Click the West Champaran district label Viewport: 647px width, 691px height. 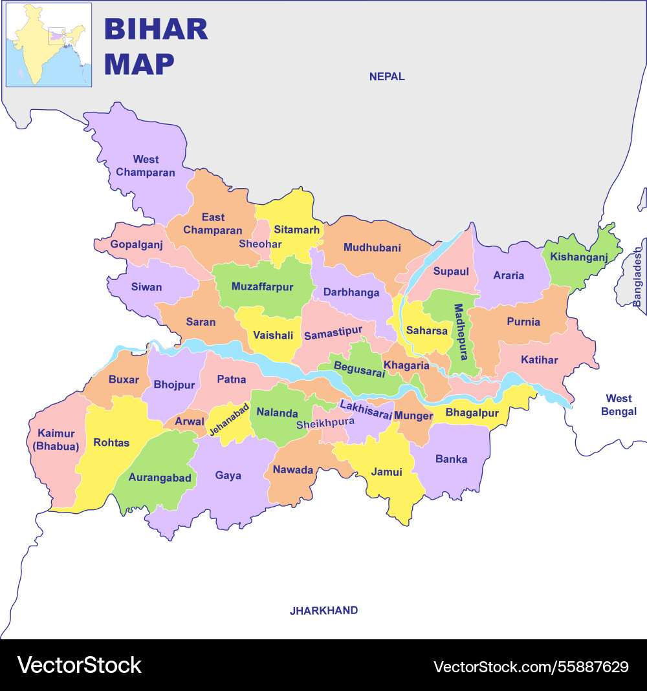pos(146,166)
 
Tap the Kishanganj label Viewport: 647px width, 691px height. pos(579,257)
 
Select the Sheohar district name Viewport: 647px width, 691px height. pos(260,244)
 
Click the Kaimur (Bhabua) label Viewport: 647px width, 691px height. pos(56,440)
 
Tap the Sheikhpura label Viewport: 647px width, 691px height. pos(325,424)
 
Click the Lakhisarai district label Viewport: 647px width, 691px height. pos(366,410)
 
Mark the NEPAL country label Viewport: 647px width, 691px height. pos(387,76)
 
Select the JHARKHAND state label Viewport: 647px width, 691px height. pos(323,610)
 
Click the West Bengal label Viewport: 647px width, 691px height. pos(619,405)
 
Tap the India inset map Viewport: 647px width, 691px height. pos(49,45)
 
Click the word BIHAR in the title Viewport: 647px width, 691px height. pos(156,30)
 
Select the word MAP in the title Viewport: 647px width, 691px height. pos(139,64)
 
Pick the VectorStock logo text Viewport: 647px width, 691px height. pos(80,665)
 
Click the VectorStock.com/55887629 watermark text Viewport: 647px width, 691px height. pos(531,666)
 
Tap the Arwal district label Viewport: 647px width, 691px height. pos(190,421)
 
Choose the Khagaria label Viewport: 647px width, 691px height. pos(406,365)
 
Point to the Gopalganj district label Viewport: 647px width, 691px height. pos(136,244)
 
